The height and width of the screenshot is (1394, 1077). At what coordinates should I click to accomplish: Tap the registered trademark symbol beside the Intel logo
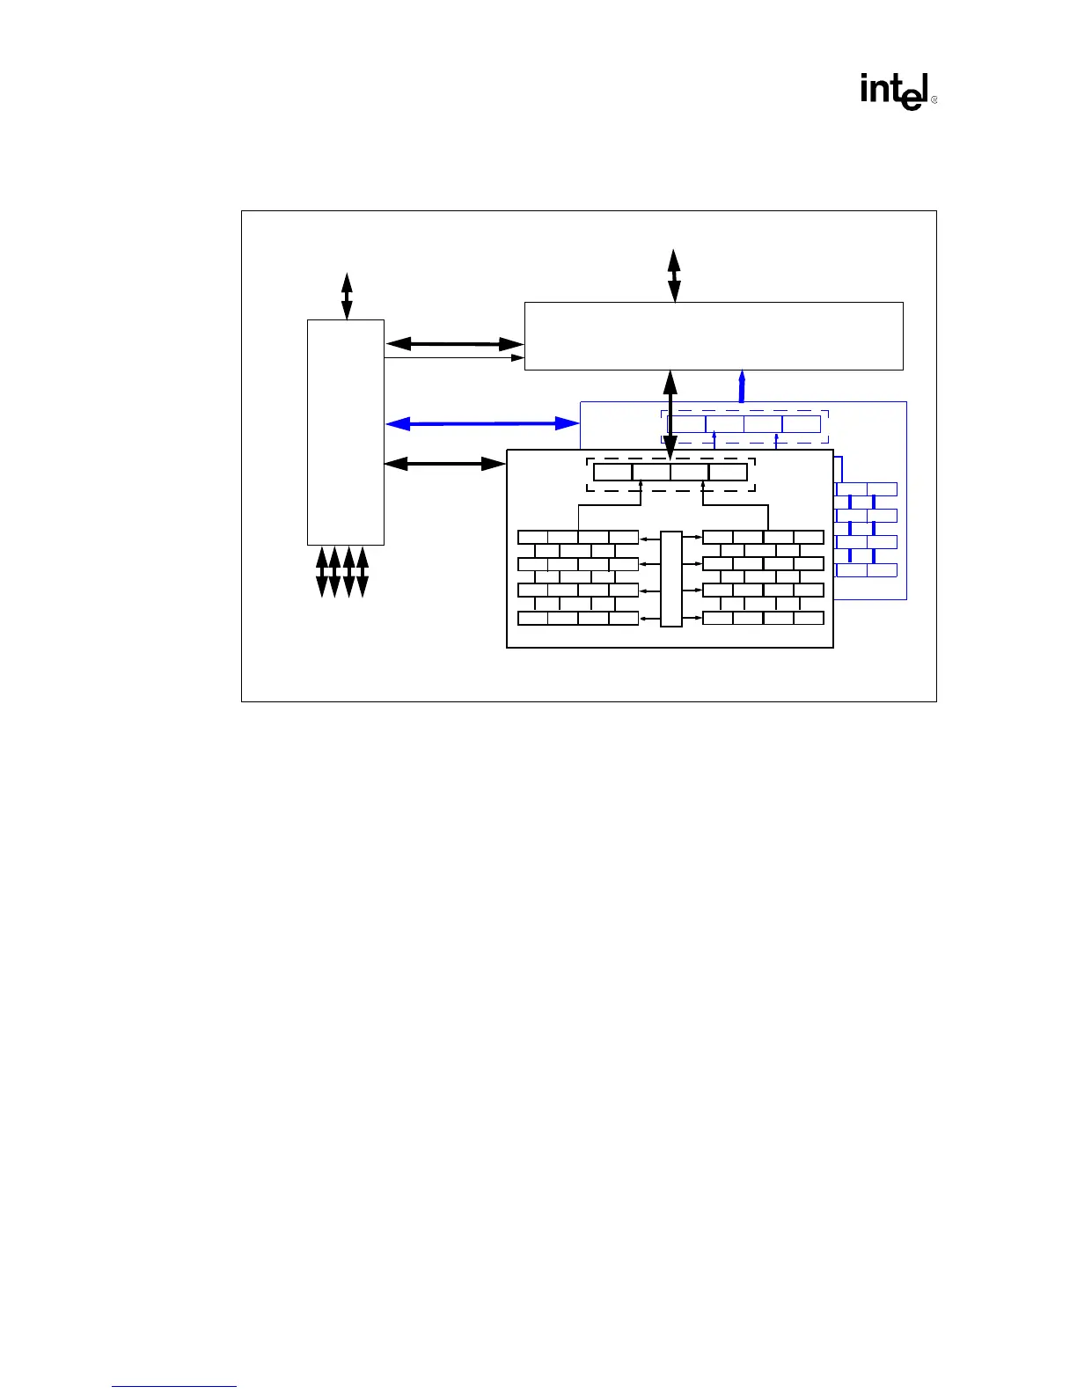click(934, 100)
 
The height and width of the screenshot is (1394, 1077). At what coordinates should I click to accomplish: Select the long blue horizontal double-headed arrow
click(482, 424)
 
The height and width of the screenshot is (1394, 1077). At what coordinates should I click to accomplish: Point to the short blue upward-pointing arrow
click(742, 385)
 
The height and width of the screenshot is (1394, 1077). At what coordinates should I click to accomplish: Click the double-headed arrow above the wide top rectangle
click(674, 275)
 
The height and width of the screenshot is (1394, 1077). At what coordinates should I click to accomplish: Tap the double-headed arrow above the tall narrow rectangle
click(347, 296)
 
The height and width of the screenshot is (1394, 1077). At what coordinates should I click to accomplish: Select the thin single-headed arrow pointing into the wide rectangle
click(454, 357)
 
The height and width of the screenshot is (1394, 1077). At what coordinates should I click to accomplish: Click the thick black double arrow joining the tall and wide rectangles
click(454, 343)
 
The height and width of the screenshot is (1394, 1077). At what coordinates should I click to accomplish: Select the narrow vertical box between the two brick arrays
click(670, 578)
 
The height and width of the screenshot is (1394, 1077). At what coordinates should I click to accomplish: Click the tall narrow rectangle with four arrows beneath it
click(345, 432)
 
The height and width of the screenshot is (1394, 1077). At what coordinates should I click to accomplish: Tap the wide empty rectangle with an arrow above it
click(714, 335)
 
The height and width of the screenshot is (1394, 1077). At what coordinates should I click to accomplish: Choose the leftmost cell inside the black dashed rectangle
click(612, 472)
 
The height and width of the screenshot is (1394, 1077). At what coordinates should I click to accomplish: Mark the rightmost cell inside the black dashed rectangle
click(728, 472)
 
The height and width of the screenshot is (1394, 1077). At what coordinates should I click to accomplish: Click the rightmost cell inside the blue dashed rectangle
click(801, 424)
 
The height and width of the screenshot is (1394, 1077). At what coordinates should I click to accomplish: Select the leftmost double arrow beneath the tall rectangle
click(322, 571)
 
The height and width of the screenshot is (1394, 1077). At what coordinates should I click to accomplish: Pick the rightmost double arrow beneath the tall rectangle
click(363, 571)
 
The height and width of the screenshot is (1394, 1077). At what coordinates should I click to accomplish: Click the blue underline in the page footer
click(174, 1387)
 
